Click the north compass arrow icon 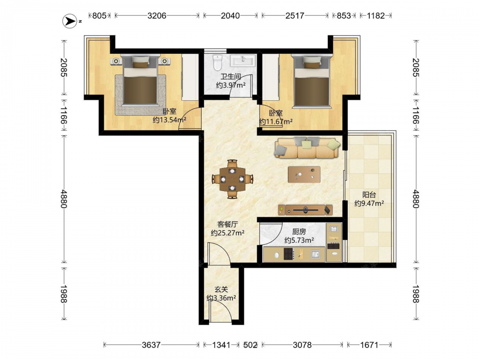[70, 21]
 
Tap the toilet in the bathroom [217, 62]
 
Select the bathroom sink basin [243, 60]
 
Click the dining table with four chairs [232, 179]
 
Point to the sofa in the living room [308, 147]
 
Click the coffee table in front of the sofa [304, 175]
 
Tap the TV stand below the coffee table [305, 210]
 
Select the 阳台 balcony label [369, 195]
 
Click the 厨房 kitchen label [299, 232]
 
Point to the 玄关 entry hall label [221, 289]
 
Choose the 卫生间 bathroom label [230, 77]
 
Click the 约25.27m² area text [228, 233]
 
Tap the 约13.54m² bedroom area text [169, 120]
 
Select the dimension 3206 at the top [157, 16]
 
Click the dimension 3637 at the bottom [151, 345]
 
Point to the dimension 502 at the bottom [250, 345]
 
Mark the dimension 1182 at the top [376, 16]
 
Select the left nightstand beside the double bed [116, 61]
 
